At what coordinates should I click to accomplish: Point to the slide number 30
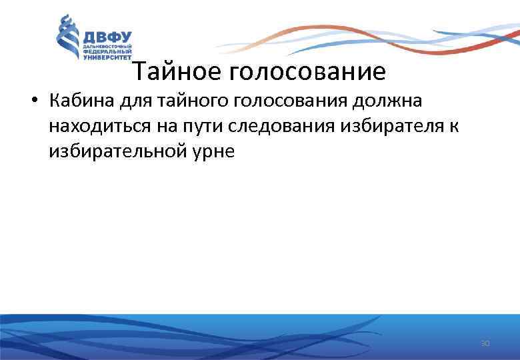(x=485, y=343)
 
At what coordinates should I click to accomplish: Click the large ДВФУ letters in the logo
(x=107, y=37)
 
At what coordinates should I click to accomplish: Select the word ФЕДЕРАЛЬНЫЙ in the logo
(x=107, y=52)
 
